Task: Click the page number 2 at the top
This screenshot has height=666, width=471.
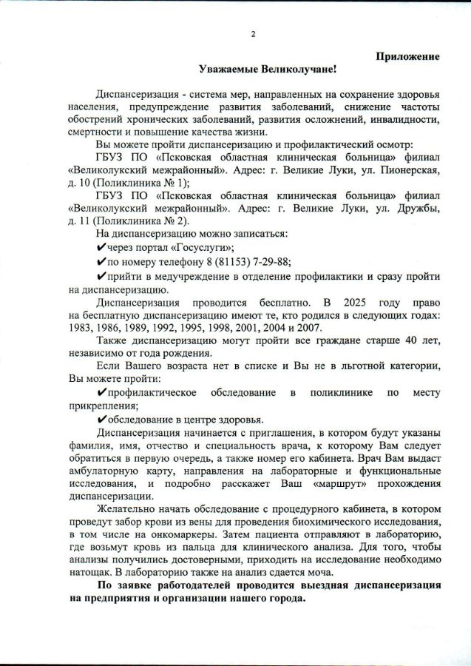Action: (x=253, y=33)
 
